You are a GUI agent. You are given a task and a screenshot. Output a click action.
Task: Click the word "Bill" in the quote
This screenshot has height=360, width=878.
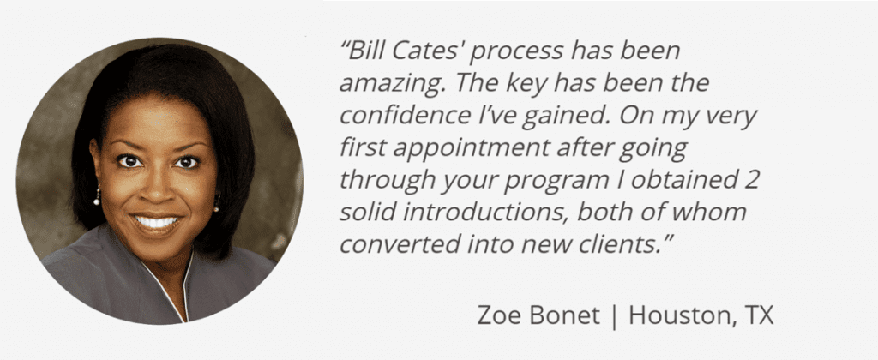(x=364, y=51)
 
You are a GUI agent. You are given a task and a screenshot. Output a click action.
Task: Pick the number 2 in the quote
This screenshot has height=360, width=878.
(x=751, y=181)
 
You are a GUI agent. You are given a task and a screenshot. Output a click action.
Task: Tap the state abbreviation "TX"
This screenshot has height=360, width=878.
(x=758, y=315)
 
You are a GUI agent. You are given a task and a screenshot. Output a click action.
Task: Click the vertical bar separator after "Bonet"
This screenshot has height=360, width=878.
(x=614, y=317)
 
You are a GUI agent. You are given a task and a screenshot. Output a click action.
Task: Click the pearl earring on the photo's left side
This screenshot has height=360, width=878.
(x=97, y=198)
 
